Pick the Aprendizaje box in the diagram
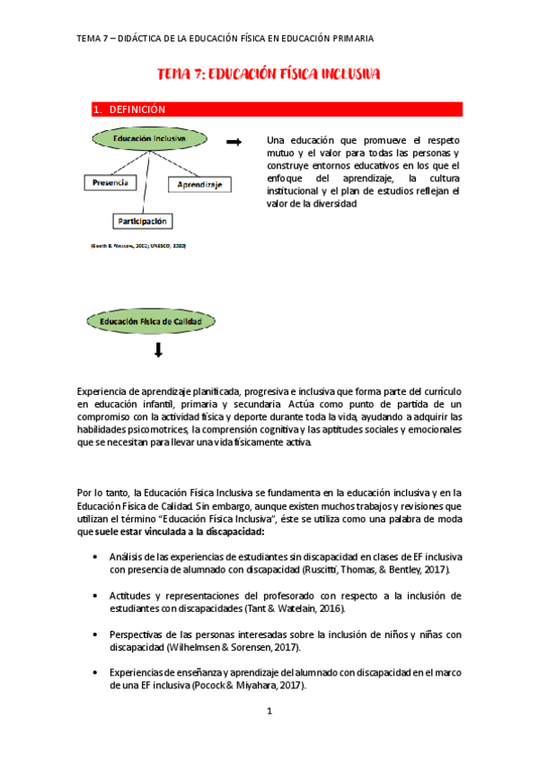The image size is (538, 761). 199,185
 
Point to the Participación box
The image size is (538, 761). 142,220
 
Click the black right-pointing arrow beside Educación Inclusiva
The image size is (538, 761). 234,142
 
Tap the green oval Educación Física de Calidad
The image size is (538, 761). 150,320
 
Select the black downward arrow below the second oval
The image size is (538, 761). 159,351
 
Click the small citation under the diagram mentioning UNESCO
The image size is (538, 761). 138,245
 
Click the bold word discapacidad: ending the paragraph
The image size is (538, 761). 221,532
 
